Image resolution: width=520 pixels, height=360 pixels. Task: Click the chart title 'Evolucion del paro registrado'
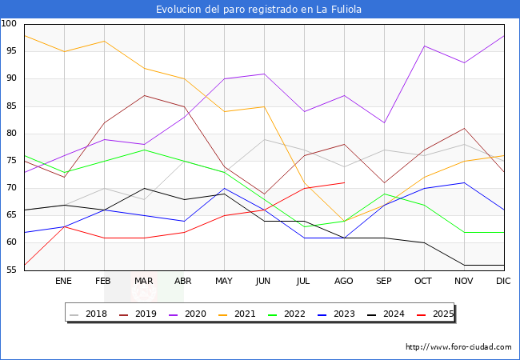[260, 9]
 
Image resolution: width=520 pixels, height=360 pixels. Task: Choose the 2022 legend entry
[290, 314]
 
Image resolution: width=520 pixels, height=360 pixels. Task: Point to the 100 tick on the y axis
[10, 24]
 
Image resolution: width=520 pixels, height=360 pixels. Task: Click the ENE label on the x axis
[64, 282]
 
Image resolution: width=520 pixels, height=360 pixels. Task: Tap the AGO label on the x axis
[344, 282]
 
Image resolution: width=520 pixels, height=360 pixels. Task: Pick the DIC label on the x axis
[503, 282]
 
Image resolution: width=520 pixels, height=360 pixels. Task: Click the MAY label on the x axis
[224, 282]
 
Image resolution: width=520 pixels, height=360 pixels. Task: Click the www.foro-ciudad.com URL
[458, 347]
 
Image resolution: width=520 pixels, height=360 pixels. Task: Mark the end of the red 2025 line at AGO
[344, 182]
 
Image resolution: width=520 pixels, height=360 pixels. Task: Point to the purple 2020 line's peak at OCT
[424, 46]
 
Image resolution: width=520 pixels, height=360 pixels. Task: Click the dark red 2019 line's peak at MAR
[144, 95]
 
